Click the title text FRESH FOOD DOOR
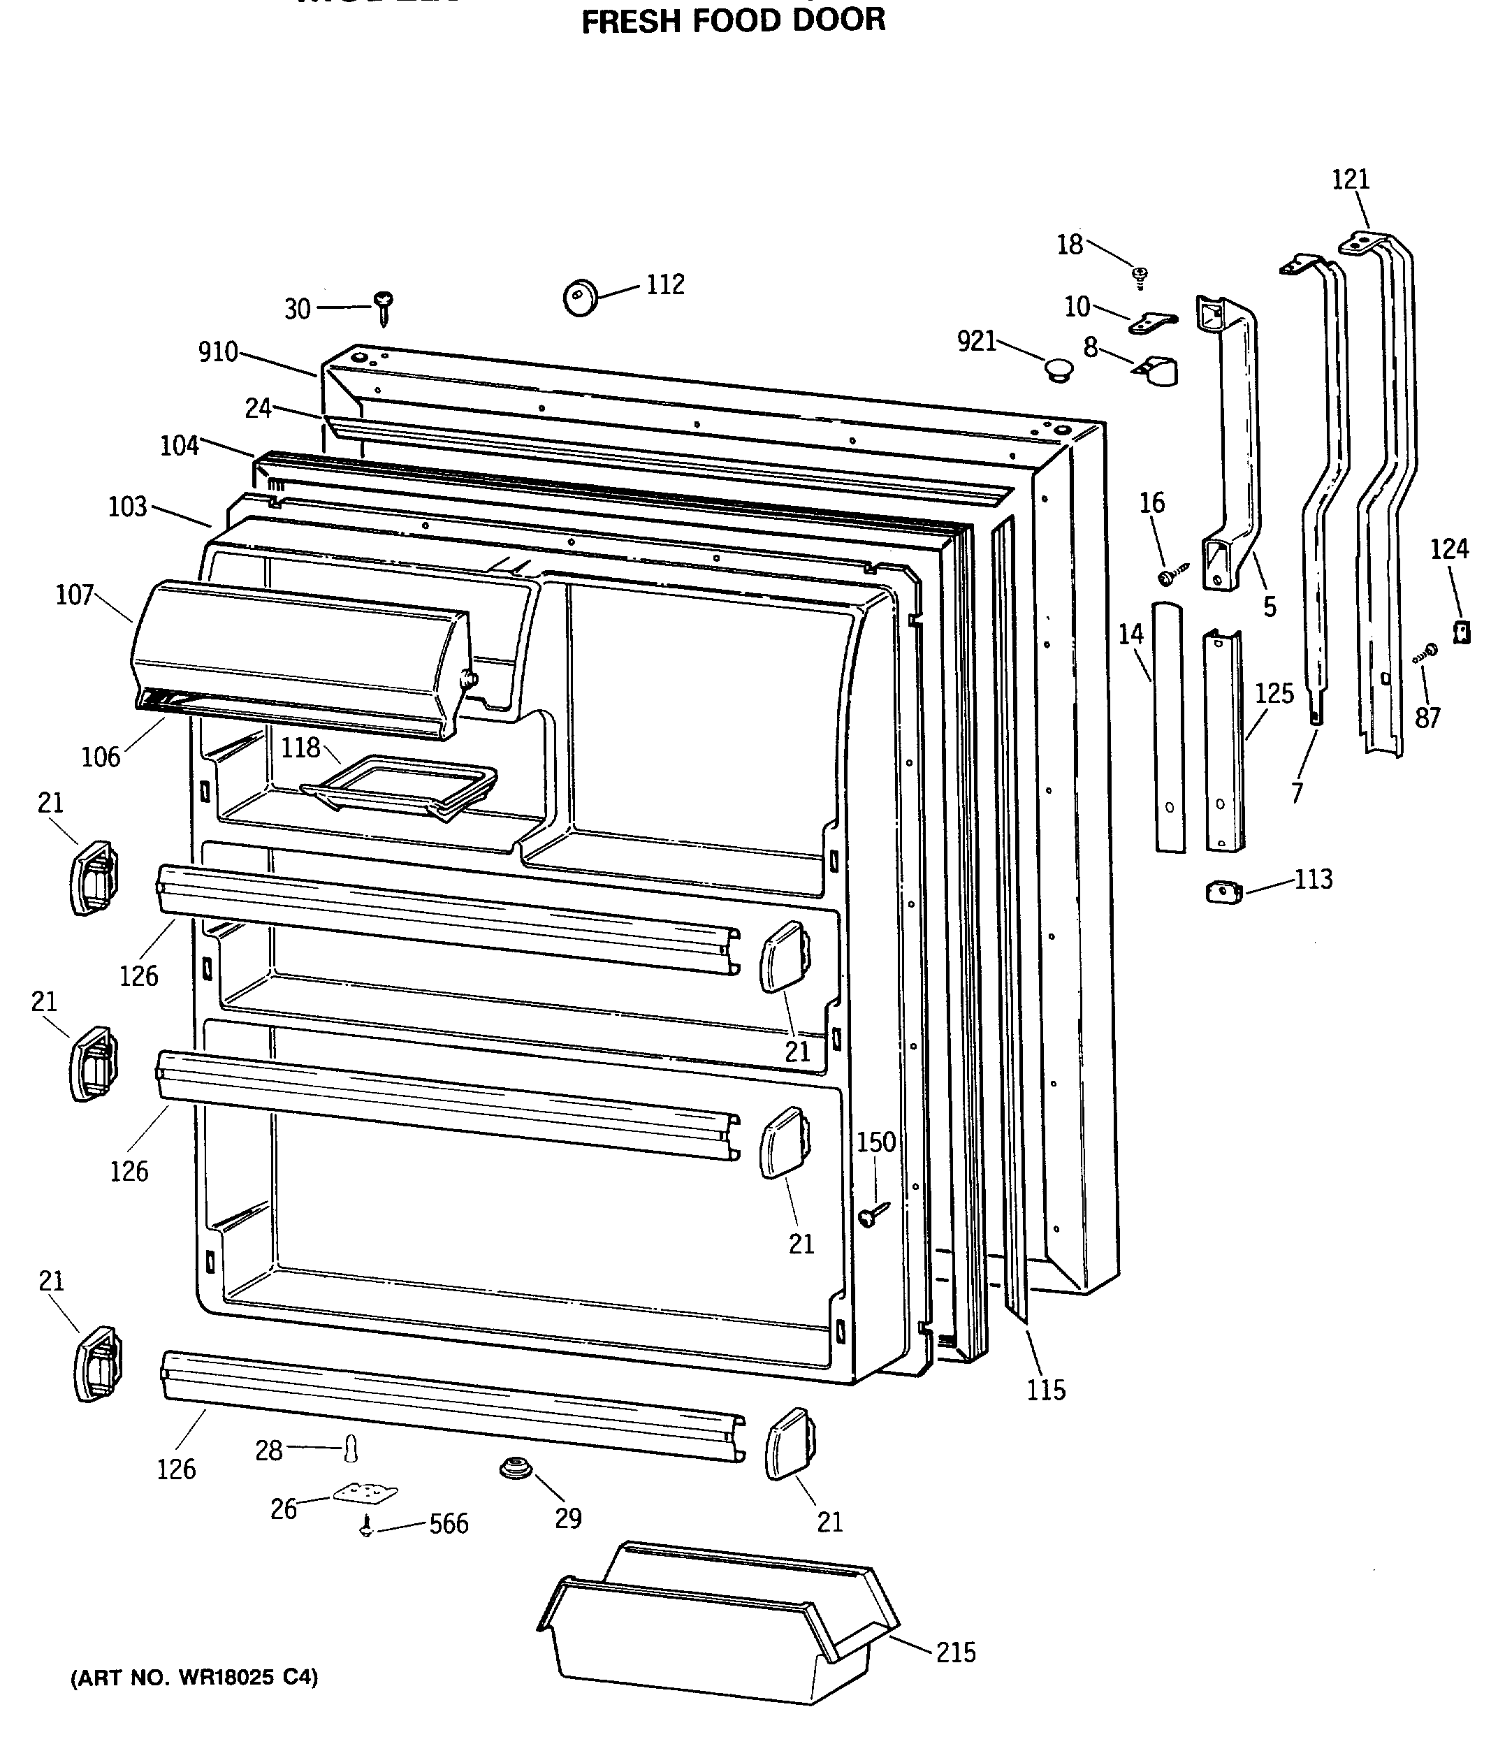(x=733, y=20)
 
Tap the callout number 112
(x=665, y=284)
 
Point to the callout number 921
(x=977, y=341)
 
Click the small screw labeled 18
(x=1140, y=275)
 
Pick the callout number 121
(x=1350, y=180)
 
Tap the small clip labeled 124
(x=1462, y=631)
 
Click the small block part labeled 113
(x=1223, y=892)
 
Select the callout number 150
(x=876, y=1142)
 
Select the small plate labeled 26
(x=365, y=1492)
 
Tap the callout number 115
(x=1045, y=1390)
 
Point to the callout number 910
(x=218, y=352)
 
